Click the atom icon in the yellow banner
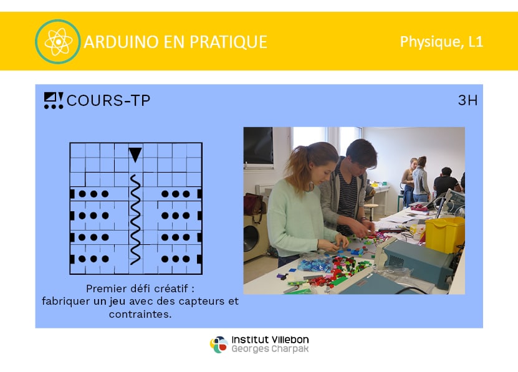[x=57, y=42]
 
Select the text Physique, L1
[x=442, y=42]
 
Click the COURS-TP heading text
[x=108, y=100]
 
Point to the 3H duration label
[x=468, y=100]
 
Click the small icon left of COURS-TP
[x=54, y=100]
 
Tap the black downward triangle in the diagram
[x=135, y=155]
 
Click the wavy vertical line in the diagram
[x=135, y=220]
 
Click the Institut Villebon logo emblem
[x=219, y=345]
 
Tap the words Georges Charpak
[x=270, y=349]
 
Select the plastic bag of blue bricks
[x=315, y=264]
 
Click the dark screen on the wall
[x=258, y=146]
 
